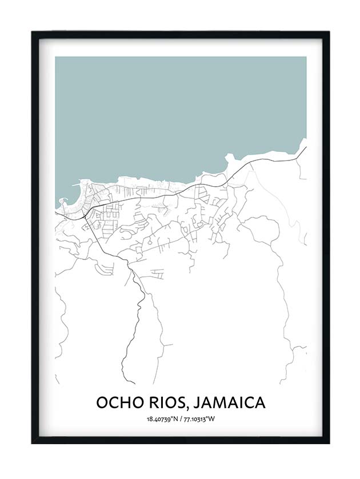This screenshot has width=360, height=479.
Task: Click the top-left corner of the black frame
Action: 32,32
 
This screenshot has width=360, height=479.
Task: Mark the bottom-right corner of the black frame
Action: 329,442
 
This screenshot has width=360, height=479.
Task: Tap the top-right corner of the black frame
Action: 329,32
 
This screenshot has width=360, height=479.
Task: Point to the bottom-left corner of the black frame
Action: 32,442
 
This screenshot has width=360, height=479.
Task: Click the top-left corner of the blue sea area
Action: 56,57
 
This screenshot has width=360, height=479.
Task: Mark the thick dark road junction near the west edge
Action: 85,216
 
